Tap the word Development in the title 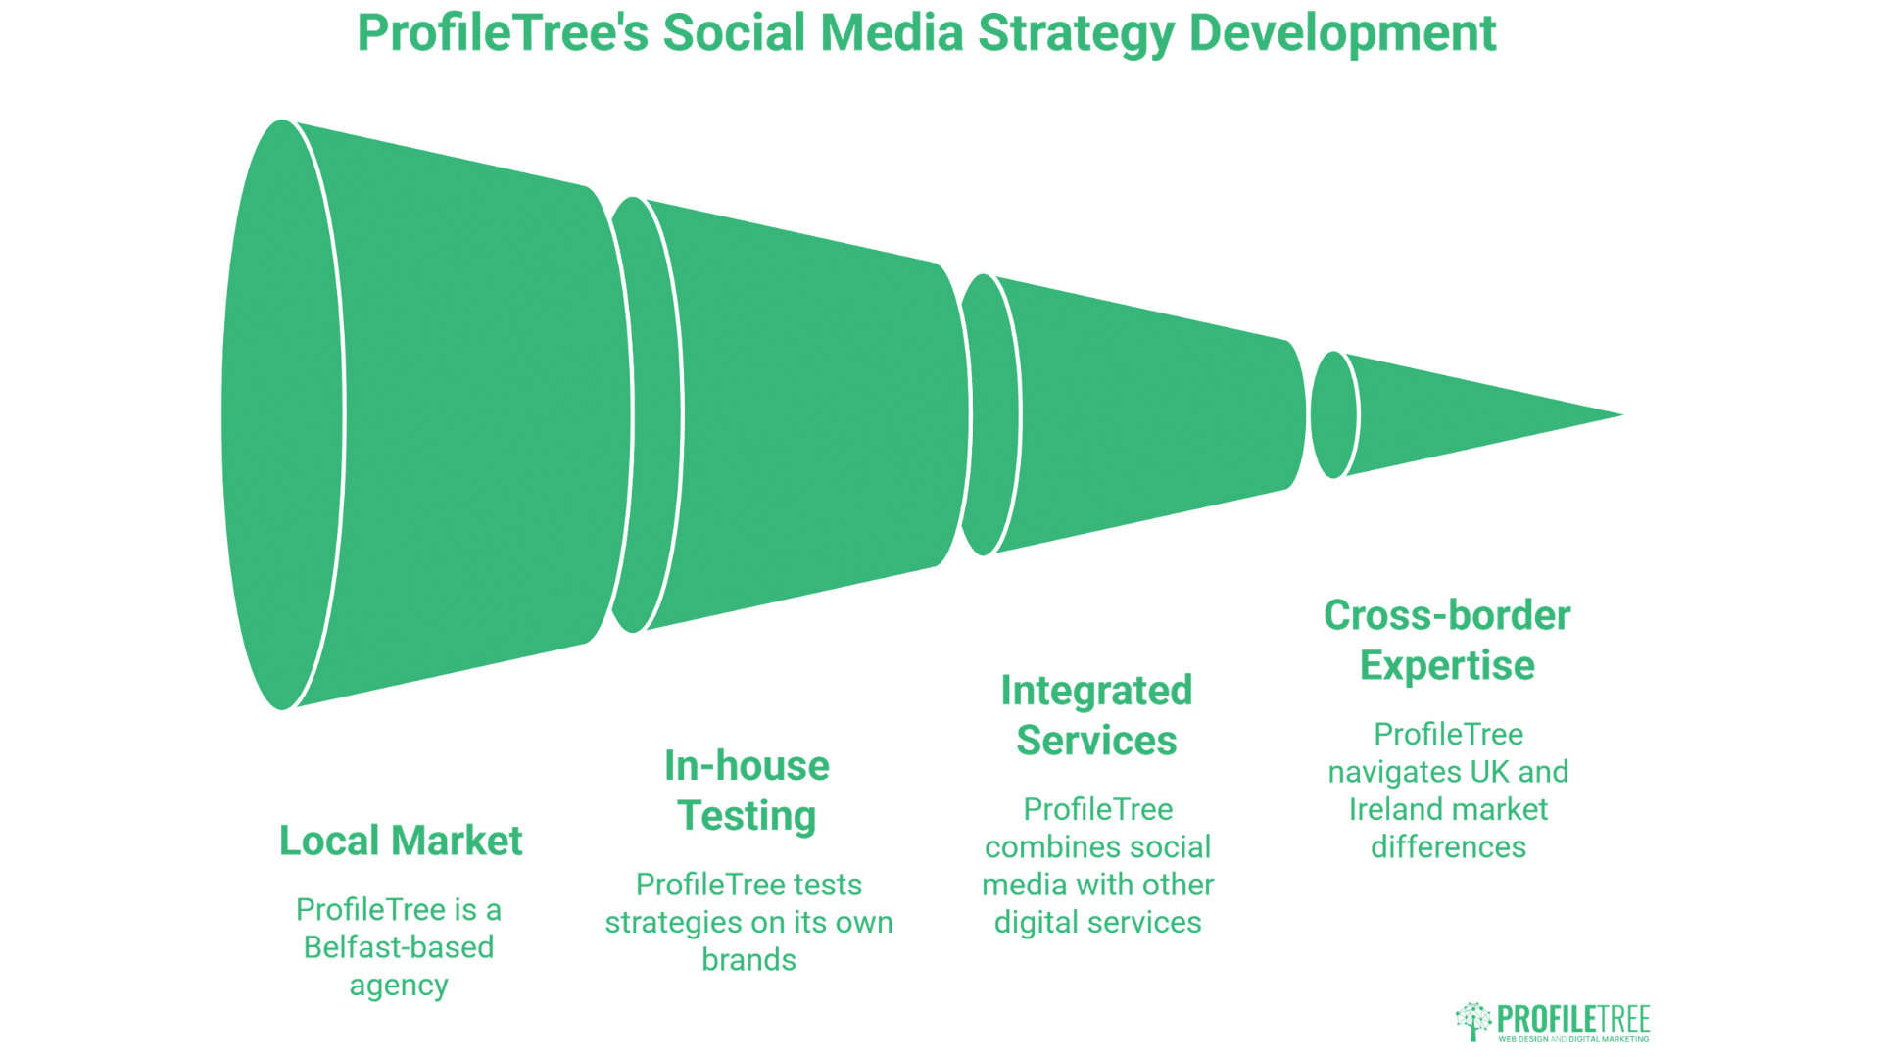(1341, 34)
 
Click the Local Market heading (401, 841)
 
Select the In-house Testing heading (747, 791)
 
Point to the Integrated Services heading (1096, 715)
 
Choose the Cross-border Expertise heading (1447, 641)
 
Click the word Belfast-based (399, 947)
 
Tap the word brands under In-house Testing (748, 960)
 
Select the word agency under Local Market (399, 985)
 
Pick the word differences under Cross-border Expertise (1448, 846)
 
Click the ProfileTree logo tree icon (1473, 1021)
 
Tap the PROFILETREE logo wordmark (1573, 1018)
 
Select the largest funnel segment (441, 415)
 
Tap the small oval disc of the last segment (1333, 415)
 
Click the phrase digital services (1097, 923)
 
